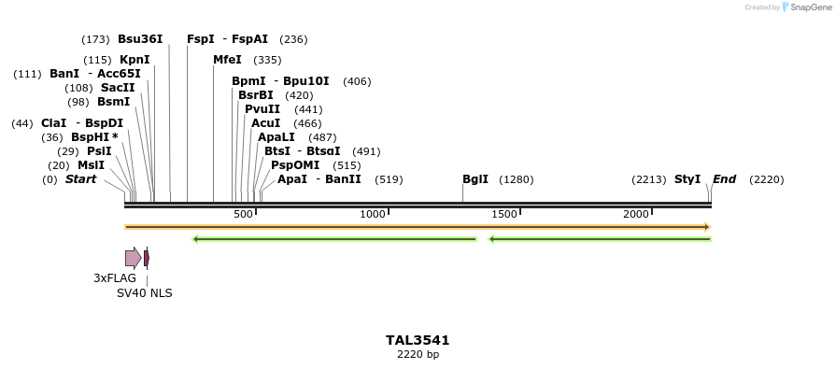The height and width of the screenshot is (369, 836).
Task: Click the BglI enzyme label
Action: coord(475,179)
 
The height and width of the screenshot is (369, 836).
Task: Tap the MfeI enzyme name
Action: coord(227,60)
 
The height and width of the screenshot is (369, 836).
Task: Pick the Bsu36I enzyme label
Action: coord(140,39)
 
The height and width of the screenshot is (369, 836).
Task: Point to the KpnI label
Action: coord(135,60)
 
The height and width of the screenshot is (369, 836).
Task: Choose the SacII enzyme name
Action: coord(118,88)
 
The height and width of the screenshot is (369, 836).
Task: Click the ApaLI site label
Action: coord(277,137)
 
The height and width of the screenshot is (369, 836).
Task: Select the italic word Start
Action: coord(80,179)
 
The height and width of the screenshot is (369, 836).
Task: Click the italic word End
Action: coord(724,179)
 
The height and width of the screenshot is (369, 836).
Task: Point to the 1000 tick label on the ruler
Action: coord(373,214)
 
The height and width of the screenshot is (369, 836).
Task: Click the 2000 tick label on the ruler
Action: coord(636,214)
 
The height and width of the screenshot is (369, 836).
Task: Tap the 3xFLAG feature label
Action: coord(115,278)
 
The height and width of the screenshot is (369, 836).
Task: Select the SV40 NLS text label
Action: coord(144,292)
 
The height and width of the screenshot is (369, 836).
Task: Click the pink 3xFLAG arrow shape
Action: coord(133,258)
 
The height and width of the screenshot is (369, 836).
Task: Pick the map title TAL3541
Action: coord(418,340)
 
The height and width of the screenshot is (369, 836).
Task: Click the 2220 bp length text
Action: coord(418,355)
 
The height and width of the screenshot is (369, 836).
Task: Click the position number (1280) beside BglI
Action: coord(517,179)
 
